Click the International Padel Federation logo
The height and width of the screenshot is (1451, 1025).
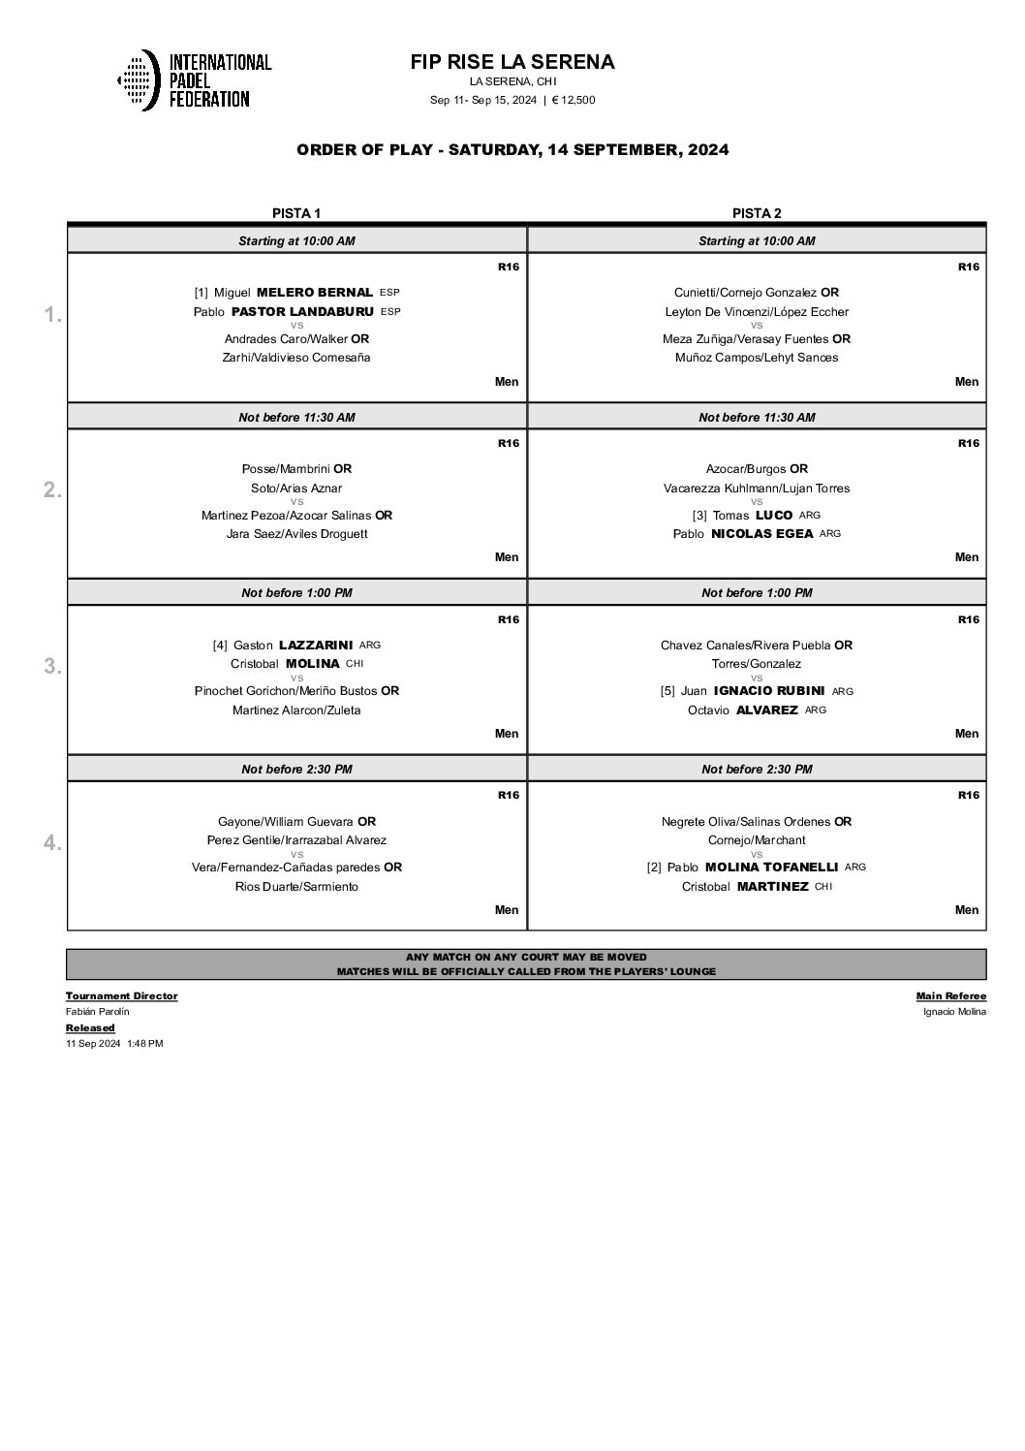(x=194, y=79)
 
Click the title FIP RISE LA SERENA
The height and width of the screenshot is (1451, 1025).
(x=512, y=62)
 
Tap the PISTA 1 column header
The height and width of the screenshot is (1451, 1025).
(x=296, y=213)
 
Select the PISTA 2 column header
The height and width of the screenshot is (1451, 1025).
(x=757, y=213)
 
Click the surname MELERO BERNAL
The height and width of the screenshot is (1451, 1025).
(x=315, y=293)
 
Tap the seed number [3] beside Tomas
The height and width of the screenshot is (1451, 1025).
(x=699, y=516)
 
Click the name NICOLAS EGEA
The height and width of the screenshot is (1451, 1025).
(x=761, y=534)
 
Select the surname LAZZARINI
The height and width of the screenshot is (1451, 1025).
(x=316, y=645)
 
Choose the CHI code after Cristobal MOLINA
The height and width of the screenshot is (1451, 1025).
(x=355, y=664)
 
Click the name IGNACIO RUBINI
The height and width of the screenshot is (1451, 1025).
(x=769, y=691)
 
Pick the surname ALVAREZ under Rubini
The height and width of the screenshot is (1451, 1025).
(x=766, y=710)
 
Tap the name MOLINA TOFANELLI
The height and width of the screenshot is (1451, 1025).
(x=771, y=867)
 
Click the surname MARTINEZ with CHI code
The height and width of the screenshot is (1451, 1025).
(x=772, y=887)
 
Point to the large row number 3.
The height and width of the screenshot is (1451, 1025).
(x=52, y=667)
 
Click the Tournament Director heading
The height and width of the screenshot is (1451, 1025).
(x=121, y=995)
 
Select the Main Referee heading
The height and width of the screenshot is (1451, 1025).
(x=950, y=995)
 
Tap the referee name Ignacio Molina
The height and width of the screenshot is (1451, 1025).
(x=954, y=1012)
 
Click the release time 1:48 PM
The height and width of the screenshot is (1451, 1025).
(x=144, y=1044)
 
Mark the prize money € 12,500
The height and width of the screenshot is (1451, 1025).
(x=574, y=100)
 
